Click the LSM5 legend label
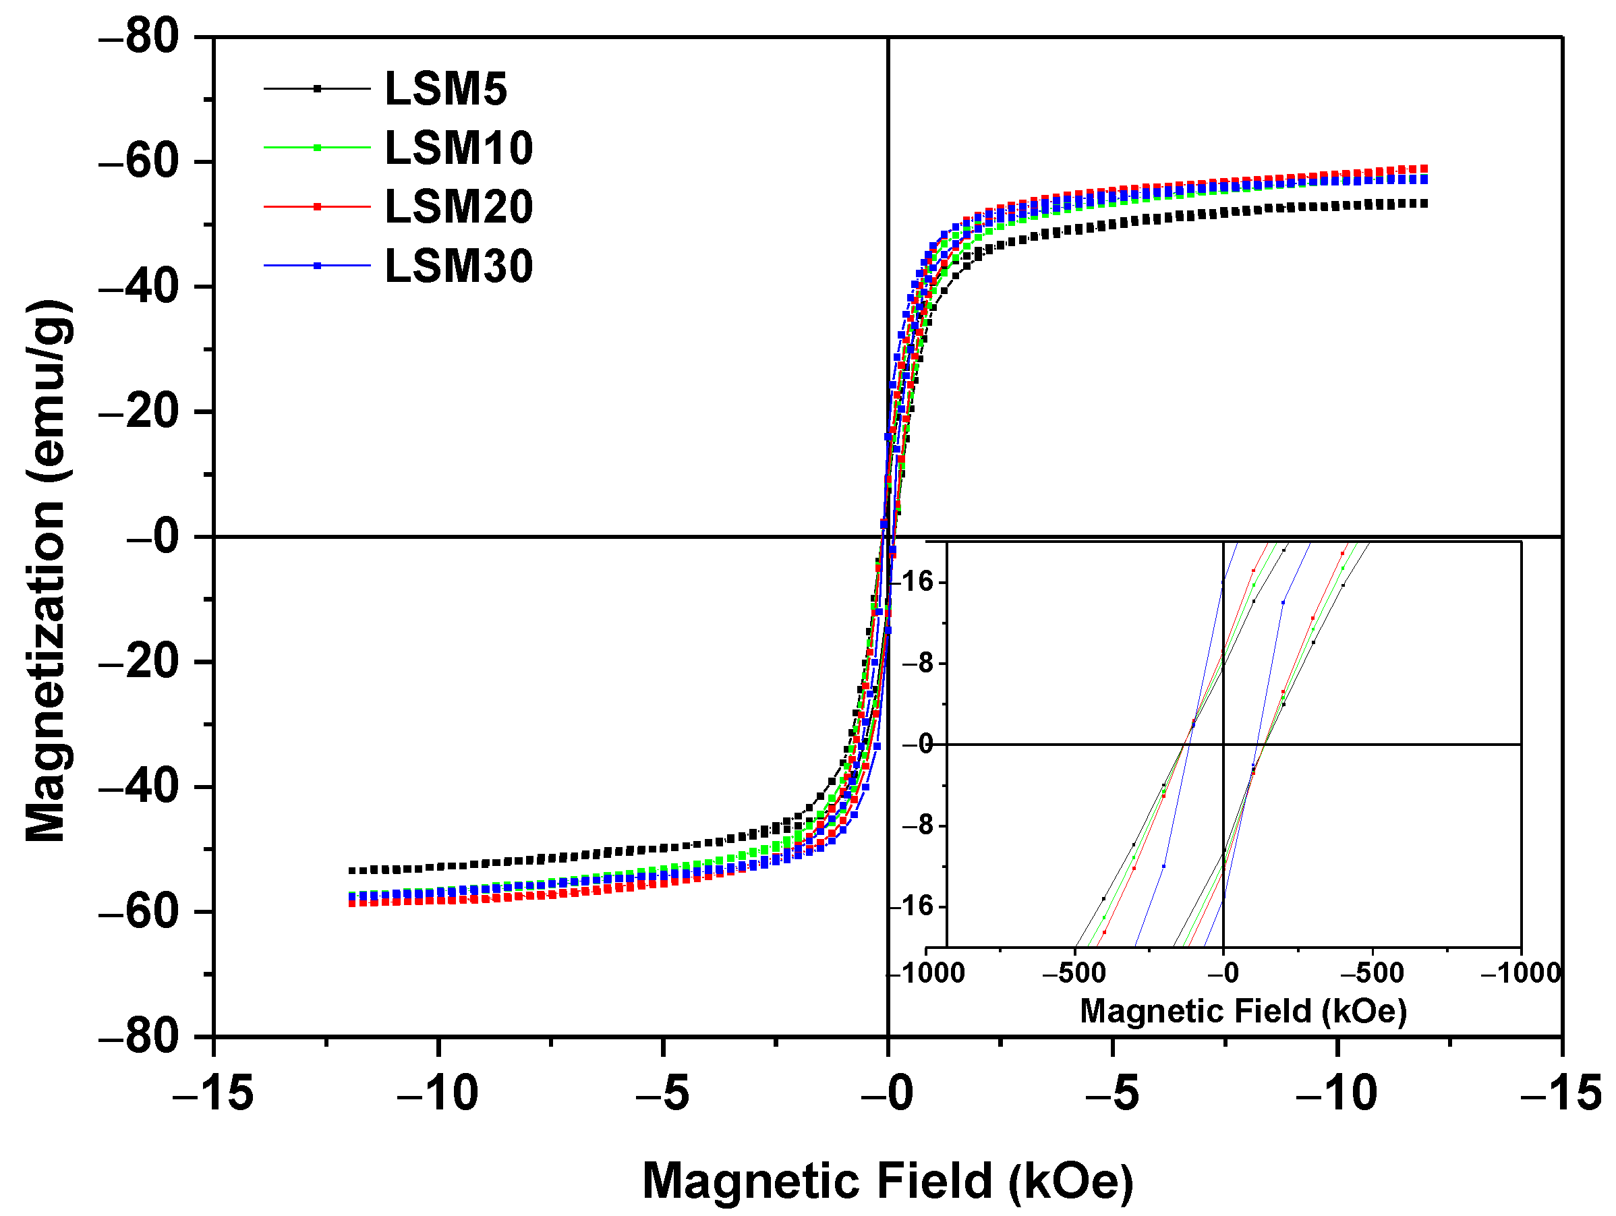tap(445, 89)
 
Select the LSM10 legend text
tap(458, 148)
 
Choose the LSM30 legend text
tap(458, 266)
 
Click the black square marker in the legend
tap(317, 89)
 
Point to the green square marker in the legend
tap(317, 148)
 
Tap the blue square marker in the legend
tap(317, 266)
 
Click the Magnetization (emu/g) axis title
tap(47, 571)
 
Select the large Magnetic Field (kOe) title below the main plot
tap(887, 1181)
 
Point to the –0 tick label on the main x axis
tap(887, 1093)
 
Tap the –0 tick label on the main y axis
tap(152, 536)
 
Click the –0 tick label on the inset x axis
tap(1223, 973)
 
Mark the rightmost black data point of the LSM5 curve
tap(1424, 204)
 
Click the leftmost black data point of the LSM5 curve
tap(351, 871)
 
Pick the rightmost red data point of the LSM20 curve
tap(1424, 168)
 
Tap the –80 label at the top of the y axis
tap(139, 36)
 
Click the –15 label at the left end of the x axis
tap(212, 1093)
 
